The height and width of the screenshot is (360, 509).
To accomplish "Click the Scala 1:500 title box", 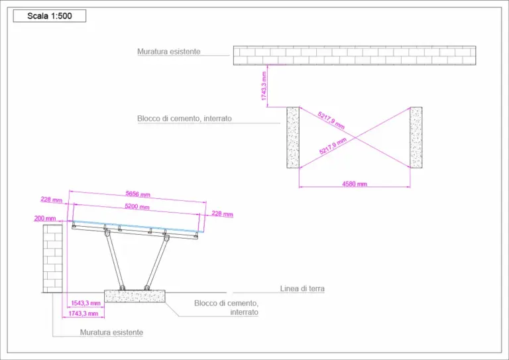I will point(50,16).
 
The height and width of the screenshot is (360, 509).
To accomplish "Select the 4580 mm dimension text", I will point(354,184).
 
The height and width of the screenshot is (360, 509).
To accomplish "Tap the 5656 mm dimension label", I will point(138,195).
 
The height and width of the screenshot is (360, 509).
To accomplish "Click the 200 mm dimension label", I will point(46,218).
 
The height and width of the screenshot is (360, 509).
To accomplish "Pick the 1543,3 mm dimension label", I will point(86,302).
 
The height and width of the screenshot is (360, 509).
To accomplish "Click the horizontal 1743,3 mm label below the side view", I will point(84,314).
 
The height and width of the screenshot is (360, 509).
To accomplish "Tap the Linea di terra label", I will point(302,289).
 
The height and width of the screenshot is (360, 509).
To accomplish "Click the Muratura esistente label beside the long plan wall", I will point(168,51).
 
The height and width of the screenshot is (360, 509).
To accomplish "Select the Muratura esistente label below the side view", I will point(111,332).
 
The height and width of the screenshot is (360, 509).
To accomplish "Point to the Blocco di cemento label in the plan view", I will point(184,119).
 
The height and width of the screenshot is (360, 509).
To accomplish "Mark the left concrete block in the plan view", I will point(293,137).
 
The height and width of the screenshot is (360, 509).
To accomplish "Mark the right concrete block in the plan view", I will point(416,137).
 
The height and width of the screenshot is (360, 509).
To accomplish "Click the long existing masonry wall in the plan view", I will point(354,56).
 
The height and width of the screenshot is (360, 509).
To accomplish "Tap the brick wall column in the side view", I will point(52,257).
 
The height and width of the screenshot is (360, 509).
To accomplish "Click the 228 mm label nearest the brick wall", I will point(51,200).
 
